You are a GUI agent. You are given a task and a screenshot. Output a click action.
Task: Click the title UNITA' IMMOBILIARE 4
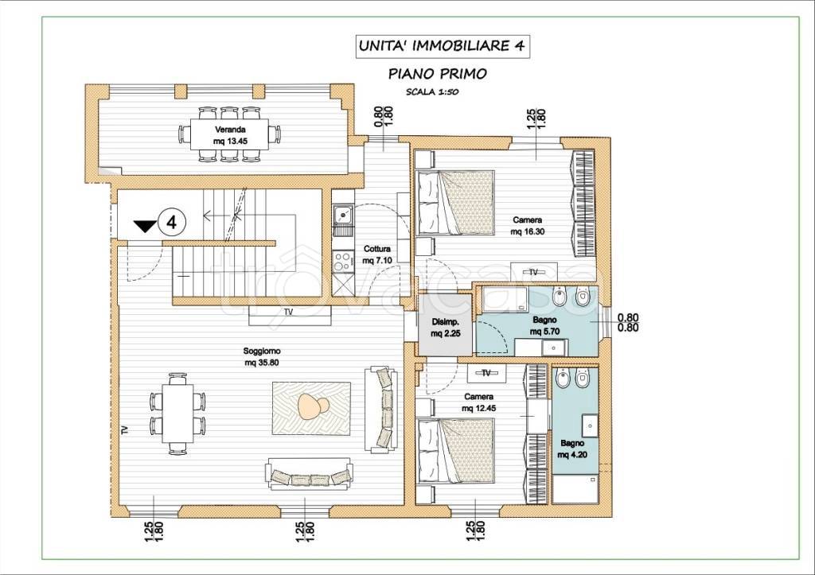tap(441, 45)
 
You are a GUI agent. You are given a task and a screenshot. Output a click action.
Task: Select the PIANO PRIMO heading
tap(438, 74)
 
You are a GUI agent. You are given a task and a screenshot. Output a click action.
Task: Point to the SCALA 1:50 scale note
tap(432, 92)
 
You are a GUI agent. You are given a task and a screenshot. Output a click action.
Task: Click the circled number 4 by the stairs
tap(172, 223)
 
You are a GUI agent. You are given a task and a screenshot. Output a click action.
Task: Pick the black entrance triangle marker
tap(145, 226)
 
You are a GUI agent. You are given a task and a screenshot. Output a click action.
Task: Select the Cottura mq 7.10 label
tap(376, 254)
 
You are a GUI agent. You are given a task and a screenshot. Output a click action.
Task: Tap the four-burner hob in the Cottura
tap(343, 261)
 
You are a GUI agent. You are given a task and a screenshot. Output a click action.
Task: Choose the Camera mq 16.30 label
tap(528, 225)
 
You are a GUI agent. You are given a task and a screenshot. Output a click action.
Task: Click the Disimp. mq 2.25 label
tap(446, 328)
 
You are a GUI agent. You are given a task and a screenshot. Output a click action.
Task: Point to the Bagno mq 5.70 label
tap(544, 326)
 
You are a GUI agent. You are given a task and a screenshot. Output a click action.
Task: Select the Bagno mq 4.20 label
tap(572, 449)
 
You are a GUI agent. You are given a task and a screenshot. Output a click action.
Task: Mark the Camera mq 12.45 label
tap(478, 402)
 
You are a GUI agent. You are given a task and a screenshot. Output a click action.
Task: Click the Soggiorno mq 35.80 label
tap(261, 357)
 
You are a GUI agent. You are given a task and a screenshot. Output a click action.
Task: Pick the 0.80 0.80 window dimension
tap(628, 323)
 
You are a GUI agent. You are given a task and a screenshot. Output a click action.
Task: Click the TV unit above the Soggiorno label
tap(287, 314)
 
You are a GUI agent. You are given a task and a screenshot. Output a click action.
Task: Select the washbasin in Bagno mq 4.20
tap(591, 425)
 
